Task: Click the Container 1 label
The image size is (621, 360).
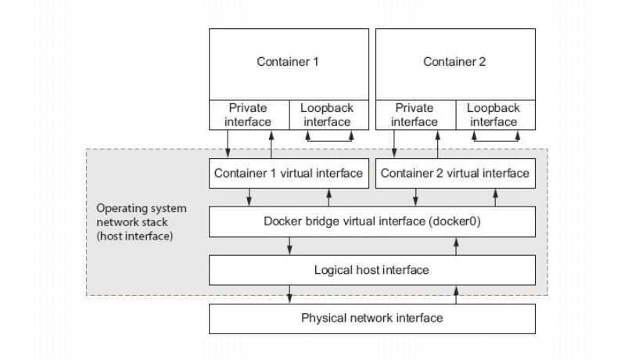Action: pyautogui.click(x=288, y=62)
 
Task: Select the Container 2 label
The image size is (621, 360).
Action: pyautogui.click(x=454, y=62)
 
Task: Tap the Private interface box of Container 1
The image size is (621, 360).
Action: pyautogui.click(x=249, y=115)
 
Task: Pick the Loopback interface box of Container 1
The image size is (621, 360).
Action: pyautogui.click(x=329, y=115)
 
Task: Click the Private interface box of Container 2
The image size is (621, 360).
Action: pyautogui.click(x=416, y=115)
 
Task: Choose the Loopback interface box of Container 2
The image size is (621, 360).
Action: pyautogui.click(x=495, y=115)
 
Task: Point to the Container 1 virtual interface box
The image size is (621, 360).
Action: pyautogui.click(x=289, y=173)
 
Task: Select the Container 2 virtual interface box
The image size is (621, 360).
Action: pyautogui.click(x=455, y=173)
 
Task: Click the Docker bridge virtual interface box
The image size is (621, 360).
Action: pyautogui.click(x=372, y=221)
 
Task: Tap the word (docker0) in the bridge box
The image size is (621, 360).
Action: pyautogui.click(x=454, y=221)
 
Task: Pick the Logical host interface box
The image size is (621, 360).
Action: pyautogui.click(x=372, y=270)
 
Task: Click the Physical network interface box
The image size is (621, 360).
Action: pyautogui.click(x=372, y=319)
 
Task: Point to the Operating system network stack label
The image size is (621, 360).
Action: pyautogui.click(x=142, y=222)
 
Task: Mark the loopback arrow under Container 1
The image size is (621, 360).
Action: pyautogui.click(x=329, y=140)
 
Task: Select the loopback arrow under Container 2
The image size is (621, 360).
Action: pyautogui.click(x=496, y=140)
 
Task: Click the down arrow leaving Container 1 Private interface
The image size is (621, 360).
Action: pyautogui.click(x=228, y=144)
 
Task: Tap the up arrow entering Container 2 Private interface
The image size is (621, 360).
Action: pyautogui.click(x=438, y=145)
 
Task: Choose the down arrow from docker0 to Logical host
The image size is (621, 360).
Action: pyautogui.click(x=289, y=246)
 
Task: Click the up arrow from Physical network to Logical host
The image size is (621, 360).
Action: pyautogui.click(x=456, y=295)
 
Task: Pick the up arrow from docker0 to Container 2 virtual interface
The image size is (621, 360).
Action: pyautogui.click(x=495, y=197)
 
